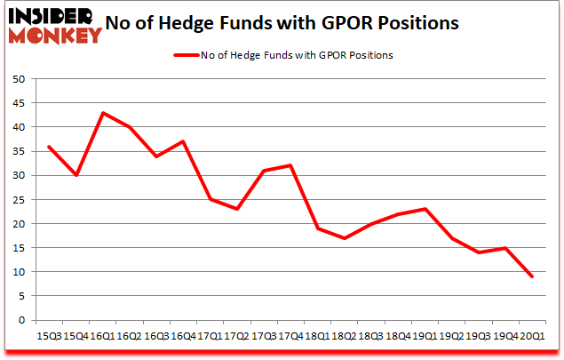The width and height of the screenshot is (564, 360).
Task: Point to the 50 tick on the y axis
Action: [x=17, y=79]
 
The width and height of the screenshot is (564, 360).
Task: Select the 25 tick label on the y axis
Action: [x=17, y=199]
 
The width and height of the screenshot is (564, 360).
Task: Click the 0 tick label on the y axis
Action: [x=20, y=320]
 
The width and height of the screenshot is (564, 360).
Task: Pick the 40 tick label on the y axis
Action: [x=17, y=127]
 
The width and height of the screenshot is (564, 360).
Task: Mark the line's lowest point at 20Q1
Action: [x=532, y=276]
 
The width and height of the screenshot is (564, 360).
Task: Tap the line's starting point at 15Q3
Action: [x=49, y=147]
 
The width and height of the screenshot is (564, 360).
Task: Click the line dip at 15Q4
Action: [x=75, y=175]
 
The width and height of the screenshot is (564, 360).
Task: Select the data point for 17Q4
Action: [x=290, y=165]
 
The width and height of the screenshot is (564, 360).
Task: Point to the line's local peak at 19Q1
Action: [x=425, y=209]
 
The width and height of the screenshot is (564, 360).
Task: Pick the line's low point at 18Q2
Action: [x=344, y=238]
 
